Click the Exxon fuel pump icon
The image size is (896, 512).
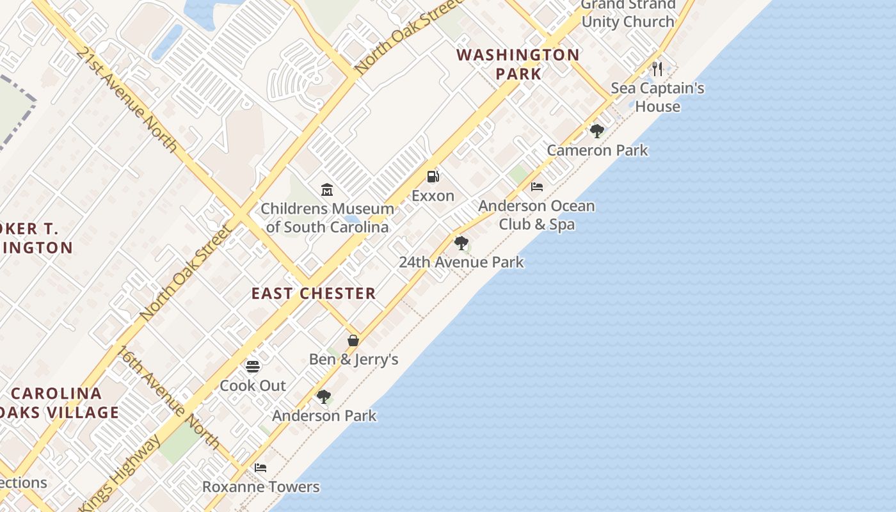tap(433, 177)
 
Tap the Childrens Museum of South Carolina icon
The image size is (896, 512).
tap(327, 189)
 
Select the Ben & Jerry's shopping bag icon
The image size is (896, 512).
tap(353, 340)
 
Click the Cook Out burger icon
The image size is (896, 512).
tap(253, 367)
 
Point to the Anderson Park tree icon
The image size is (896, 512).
tap(324, 397)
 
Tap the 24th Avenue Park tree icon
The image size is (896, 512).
tap(461, 243)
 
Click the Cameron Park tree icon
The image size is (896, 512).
tap(597, 131)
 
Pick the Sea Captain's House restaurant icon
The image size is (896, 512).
tap(657, 68)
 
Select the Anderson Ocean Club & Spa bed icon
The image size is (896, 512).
tap(537, 187)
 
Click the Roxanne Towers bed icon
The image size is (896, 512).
tap(260, 468)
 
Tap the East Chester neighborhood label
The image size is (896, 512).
tap(314, 294)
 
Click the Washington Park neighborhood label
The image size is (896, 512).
tap(518, 64)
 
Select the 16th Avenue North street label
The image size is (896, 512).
tap(168, 397)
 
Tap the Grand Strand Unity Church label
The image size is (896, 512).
tap(628, 13)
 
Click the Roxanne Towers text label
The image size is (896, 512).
tap(261, 487)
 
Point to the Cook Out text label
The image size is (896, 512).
tap(253, 386)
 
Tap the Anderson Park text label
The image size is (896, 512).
tap(324, 416)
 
